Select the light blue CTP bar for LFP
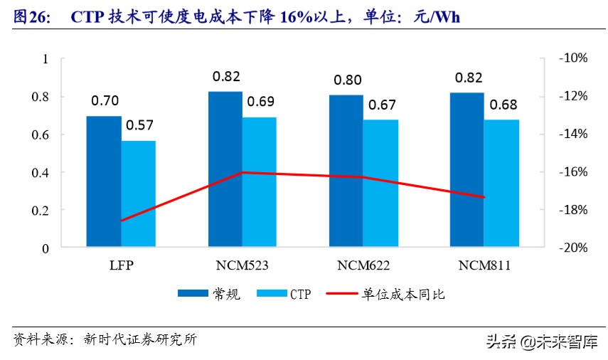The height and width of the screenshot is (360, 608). click(x=138, y=194)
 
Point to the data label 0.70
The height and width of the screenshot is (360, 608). click(x=105, y=101)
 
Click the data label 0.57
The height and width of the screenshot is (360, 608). click(x=139, y=125)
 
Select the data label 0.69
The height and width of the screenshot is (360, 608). click(x=260, y=101)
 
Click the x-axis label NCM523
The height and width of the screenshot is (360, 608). click(x=242, y=265)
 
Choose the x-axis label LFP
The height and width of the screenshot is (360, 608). click(x=121, y=265)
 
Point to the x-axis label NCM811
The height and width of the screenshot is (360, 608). click(x=484, y=265)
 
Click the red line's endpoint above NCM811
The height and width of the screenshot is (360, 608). click(x=484, y=197)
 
